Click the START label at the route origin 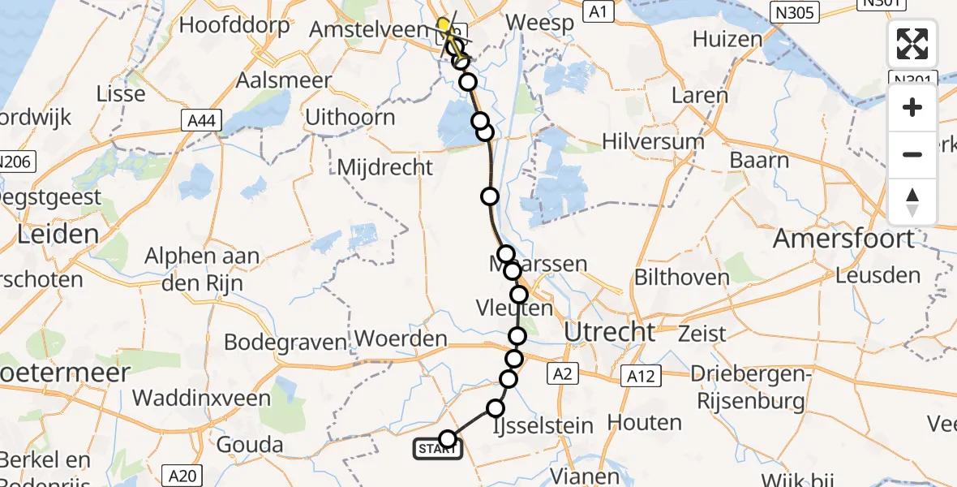tap(438, 449)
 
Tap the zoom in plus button tap(912, 108)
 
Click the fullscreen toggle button tap(912, 44)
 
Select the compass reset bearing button tap(912, 200)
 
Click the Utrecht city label tap(609, 331)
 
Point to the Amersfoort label tap(843, 239)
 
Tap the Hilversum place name tap(653, 141)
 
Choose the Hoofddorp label tap(234, 25)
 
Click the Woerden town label tap(401, 339)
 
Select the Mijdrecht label tap(385, 168)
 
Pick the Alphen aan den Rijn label tap(202, 269)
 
